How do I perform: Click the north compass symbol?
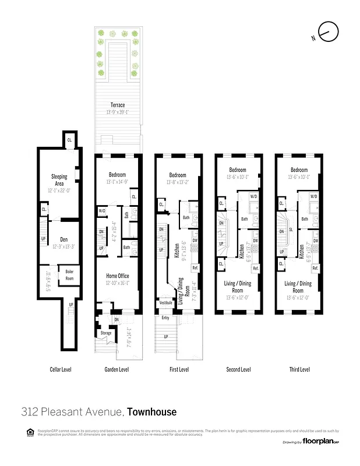coord(327,33)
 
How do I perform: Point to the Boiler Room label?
coord(69,272)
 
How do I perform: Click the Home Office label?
coord(117,276)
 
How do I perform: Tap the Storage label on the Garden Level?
coord(105,333)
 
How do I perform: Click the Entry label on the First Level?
coord(165,317)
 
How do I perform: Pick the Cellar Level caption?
coord(59,369)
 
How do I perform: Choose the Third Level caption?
coord(299,369)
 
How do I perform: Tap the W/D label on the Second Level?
coord(254,197)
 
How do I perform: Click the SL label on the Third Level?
coord(290,230)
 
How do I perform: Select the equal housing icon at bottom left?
coord(30,432)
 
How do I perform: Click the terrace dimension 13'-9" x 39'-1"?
coord(118,112)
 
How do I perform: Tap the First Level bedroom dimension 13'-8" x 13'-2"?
coord(177,182)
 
